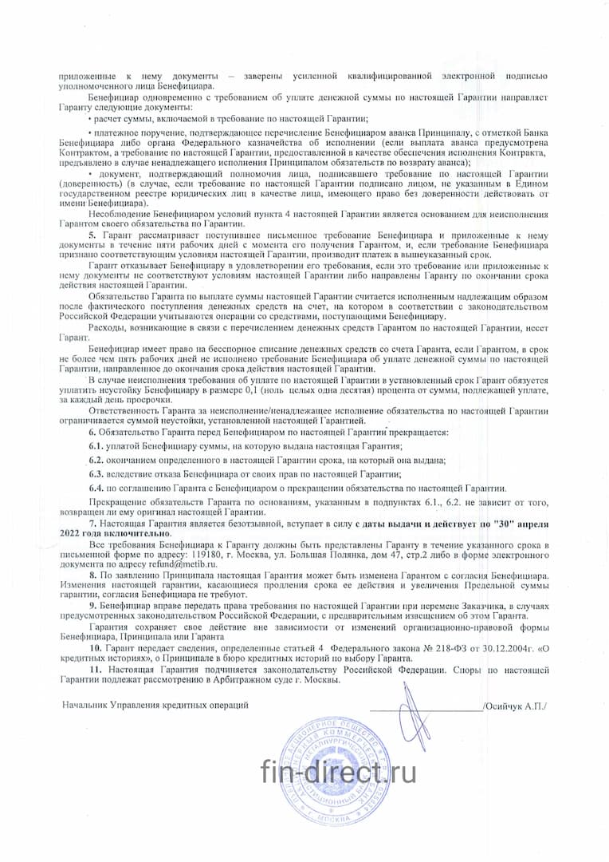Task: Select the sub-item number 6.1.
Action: (x=96, y=445)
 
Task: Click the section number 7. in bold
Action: (x=93, y=521)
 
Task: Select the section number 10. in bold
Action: (x=95, y=650)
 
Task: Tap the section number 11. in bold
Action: (x=95, y=669)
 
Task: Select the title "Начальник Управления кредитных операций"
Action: (x=155, y=706)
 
